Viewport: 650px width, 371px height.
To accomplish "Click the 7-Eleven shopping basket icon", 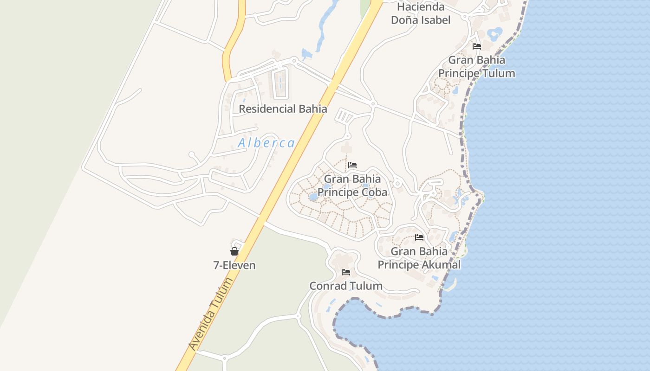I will point(234,251).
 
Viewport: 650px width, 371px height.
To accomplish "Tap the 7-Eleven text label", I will point(234,265).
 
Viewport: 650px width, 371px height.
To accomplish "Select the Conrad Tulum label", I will point(346,286).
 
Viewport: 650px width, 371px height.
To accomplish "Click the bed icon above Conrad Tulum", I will point(346,272).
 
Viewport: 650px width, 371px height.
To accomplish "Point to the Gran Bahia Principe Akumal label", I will point(419,258).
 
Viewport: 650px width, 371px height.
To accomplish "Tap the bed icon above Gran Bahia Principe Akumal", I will point(419,237).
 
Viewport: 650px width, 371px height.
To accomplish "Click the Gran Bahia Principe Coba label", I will point(352,185).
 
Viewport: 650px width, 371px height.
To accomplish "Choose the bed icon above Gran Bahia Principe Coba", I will point(352,165).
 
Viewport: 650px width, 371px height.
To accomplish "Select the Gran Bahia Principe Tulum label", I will point(477,66).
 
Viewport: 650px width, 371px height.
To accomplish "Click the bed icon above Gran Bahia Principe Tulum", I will point(477,46).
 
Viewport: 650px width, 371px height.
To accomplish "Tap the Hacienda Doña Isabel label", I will point(421,13).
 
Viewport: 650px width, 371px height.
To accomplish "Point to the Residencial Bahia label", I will point(283,109).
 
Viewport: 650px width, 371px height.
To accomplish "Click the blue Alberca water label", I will point(266,143).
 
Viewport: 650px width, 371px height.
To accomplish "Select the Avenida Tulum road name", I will point(210,314).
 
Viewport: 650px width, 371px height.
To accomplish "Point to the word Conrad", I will point(328,286).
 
